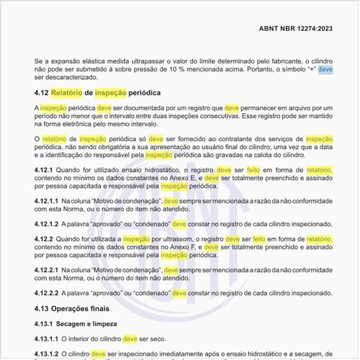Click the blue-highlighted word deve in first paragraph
click(x=325, y=70)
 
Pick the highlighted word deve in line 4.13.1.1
click(x=130, y=338)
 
